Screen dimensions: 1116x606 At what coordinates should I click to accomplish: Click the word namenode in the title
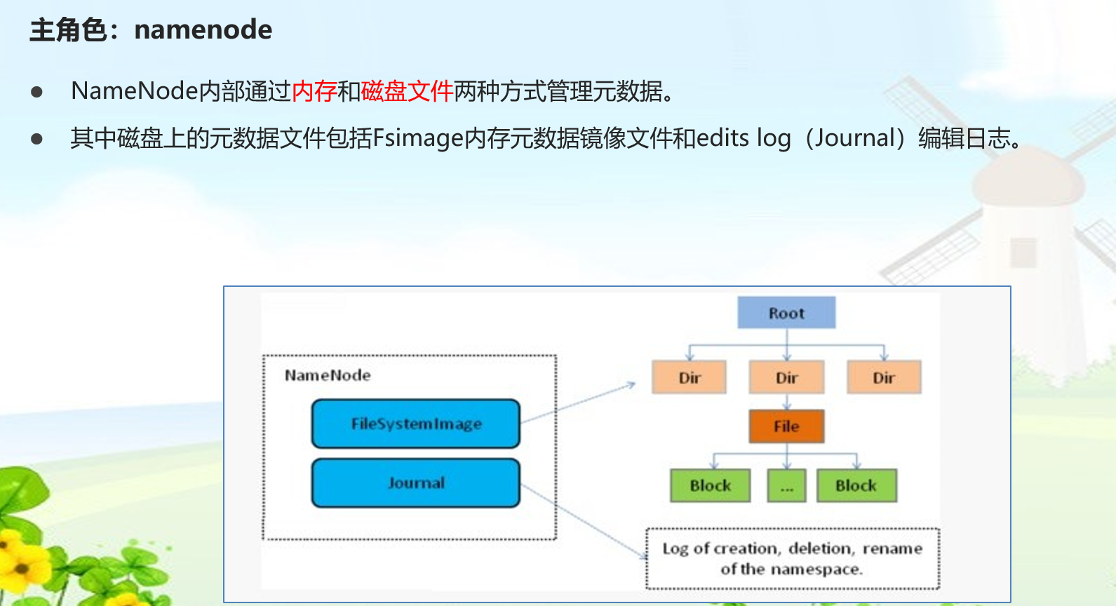coord(203,29)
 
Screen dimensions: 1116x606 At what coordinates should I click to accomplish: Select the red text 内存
coord(314,91)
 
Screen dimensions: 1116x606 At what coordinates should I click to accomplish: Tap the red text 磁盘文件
coord(407,91)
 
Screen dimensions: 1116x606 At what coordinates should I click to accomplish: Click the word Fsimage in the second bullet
coord(418,138)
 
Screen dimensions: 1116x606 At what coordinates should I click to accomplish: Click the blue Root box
coord(786,313)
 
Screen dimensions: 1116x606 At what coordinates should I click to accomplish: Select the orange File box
coord(786,426)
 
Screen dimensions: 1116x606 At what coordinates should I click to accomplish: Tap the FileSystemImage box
coord(415,424)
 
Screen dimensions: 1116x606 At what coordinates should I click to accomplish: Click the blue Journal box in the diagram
coord(415,483)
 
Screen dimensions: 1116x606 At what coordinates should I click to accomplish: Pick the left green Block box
coord(710,485)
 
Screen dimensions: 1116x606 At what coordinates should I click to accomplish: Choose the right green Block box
coord(856,485)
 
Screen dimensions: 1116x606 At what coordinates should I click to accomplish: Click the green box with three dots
coord(787,485)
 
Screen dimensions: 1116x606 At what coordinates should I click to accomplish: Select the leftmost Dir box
coord(689,377)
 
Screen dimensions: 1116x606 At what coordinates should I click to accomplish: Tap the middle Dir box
coord(786,377)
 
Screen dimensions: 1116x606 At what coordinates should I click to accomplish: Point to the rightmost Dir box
coord(884,377)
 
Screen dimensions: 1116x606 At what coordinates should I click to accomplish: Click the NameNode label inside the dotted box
coord(328,375)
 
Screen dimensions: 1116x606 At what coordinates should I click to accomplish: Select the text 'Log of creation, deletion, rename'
coord(792,548)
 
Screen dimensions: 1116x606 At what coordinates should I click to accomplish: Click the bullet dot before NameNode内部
coord(36,92)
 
